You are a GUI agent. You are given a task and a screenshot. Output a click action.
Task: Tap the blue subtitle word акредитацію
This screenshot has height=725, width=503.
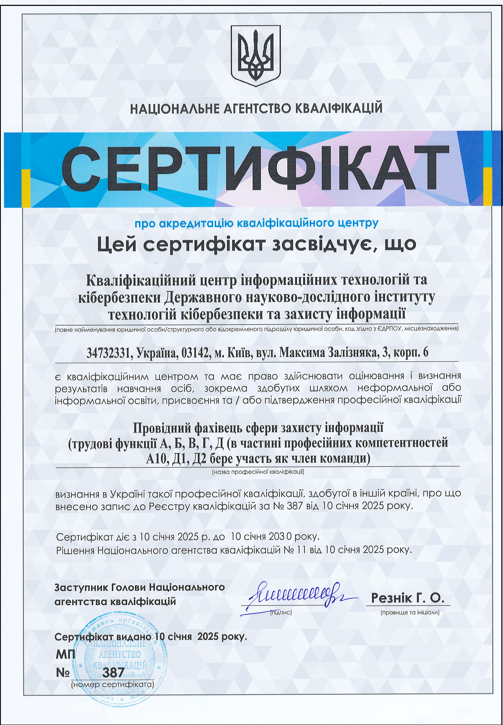point(197,223)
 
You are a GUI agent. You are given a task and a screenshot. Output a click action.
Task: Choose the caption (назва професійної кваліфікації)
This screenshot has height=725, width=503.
point(258,472)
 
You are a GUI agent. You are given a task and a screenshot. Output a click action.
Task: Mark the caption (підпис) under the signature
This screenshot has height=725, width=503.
point(281,612)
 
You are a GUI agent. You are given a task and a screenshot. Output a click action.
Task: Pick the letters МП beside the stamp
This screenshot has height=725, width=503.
point(65,655)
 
